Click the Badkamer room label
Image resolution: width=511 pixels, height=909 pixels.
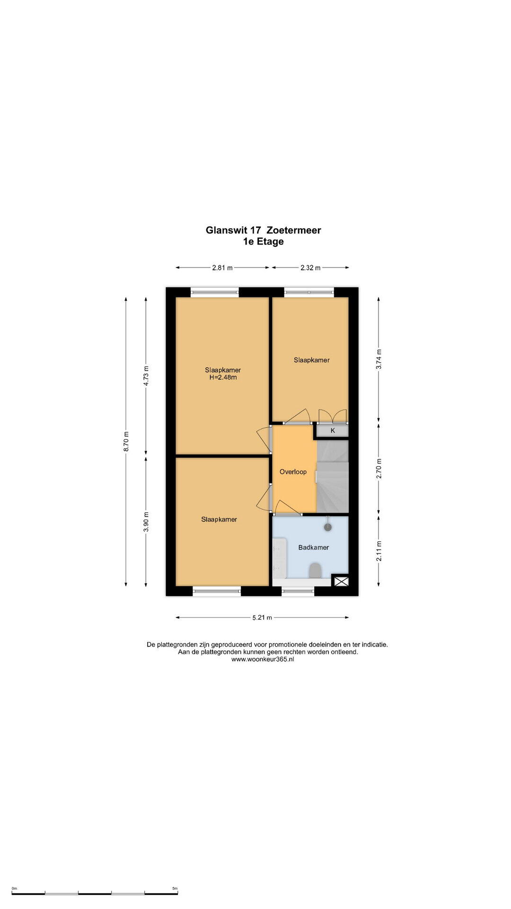point(313,547)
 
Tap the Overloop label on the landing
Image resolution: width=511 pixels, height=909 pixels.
point(293,472)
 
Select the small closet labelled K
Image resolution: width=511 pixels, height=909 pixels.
point(333,430)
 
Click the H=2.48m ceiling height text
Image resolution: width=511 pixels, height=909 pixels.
point(223,378)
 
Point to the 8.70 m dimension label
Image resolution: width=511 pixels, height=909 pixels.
point(126,441)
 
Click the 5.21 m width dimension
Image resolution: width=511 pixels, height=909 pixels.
point(262,617)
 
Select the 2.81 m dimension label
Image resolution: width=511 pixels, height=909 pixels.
point(222,267)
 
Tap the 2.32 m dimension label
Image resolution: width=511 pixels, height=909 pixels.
point(310,267)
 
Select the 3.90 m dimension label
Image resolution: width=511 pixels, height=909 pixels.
point(146,522)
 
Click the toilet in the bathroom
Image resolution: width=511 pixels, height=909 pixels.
point(315,570)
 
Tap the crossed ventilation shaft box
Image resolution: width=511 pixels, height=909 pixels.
point(341,580)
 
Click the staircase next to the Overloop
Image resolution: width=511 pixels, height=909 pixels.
point(333,476)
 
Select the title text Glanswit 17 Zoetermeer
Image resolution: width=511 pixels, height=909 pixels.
point(263,230)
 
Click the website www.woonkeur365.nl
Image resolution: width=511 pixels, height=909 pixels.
point(263,659)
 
